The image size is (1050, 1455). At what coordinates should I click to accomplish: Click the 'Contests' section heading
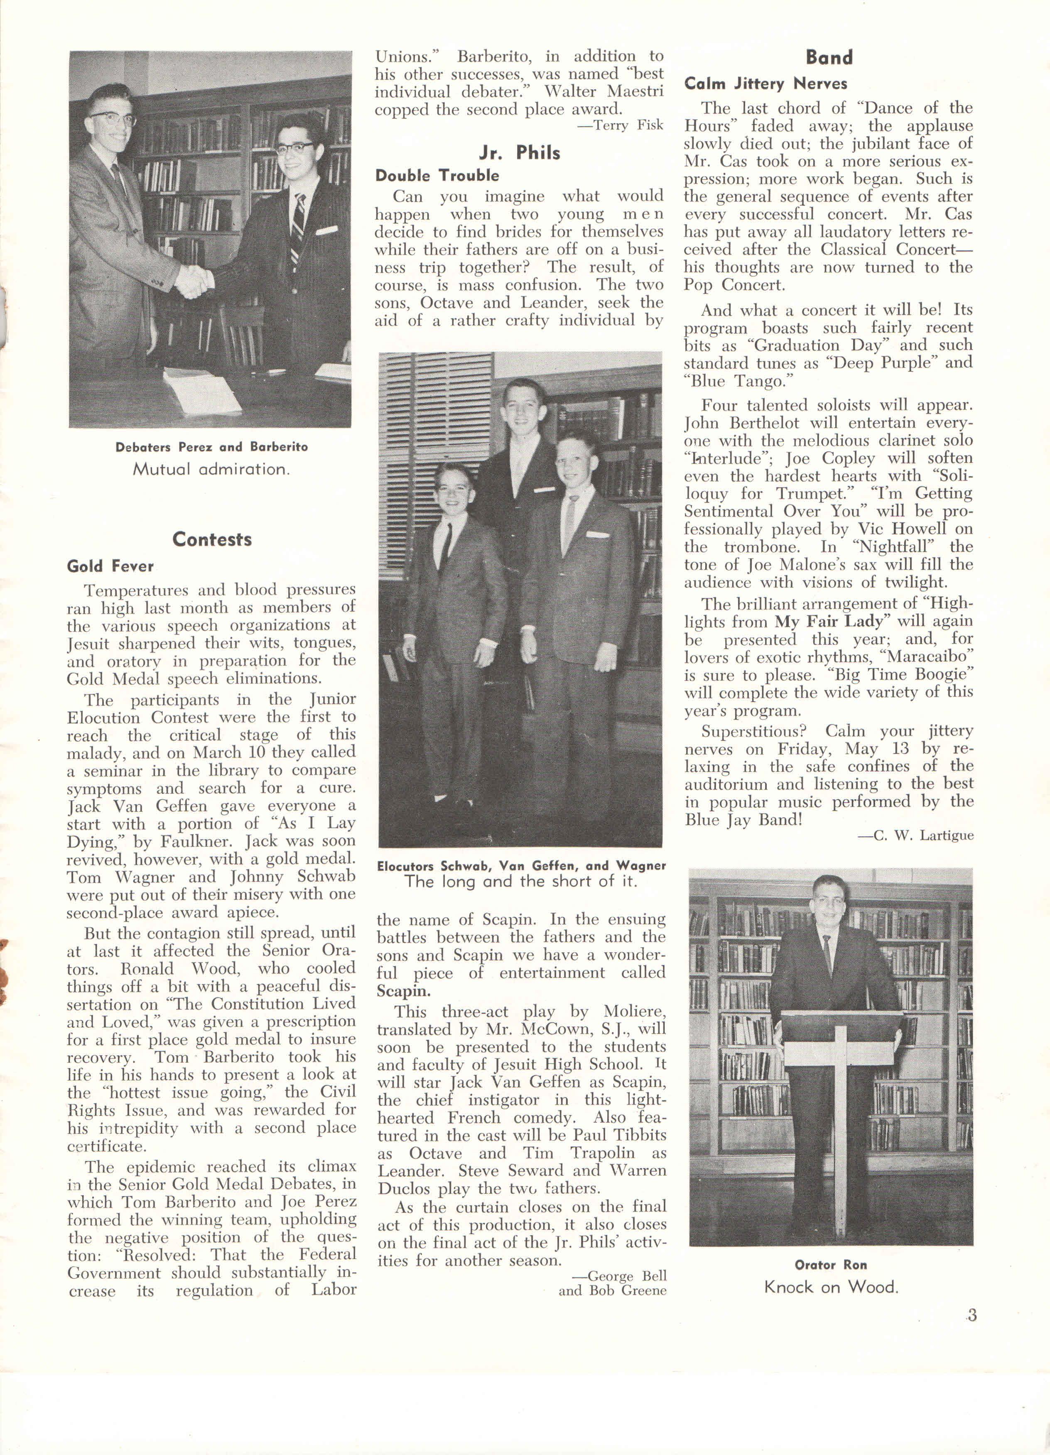(212, 539)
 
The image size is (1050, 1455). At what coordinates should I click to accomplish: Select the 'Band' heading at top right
(829, 58)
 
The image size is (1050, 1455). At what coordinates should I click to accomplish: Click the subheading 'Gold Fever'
(110, 566)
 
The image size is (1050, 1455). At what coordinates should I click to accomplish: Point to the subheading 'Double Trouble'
(437, 176)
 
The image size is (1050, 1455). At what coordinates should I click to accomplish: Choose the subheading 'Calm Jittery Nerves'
(765, 83)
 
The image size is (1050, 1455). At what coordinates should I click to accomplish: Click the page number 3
(971, 1315)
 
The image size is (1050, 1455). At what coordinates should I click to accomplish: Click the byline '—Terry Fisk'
(620, 125)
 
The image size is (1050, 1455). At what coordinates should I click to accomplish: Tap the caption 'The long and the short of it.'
(520, 882)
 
